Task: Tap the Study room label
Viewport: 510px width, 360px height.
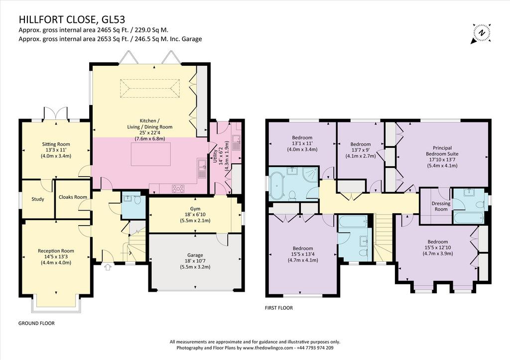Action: click(38, 199)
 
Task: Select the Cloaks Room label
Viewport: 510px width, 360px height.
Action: click(73, 197)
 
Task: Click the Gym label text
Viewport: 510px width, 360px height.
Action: click(195, 209)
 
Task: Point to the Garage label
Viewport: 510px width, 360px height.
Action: click(195, 255)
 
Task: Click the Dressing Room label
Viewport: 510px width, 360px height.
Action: click(441, 206)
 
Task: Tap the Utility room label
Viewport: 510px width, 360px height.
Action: click(215, 156)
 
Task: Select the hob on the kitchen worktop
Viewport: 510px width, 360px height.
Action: click(178, 188)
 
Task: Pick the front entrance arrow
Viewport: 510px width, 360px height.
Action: click(108, 267)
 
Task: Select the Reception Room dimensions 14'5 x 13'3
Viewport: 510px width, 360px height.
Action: click(56, 256)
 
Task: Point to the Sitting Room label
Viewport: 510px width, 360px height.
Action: click(56, 144)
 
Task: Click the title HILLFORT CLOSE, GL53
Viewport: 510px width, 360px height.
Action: click(72, 19)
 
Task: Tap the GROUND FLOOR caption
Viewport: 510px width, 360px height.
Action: click(36, 323)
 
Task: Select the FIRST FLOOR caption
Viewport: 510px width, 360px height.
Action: click(279, 308)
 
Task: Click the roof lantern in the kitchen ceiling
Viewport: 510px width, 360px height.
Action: click(150, 88)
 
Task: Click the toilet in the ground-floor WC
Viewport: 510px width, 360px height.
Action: click(137, 199)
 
